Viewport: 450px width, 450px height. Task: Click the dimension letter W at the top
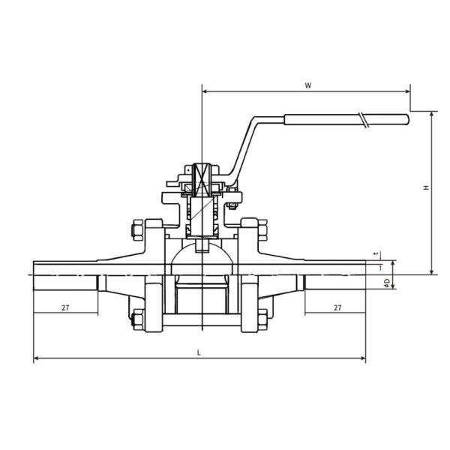click(307, 85)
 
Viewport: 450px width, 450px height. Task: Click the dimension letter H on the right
click(425, 188)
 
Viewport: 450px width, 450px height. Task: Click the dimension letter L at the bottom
click(198, 351)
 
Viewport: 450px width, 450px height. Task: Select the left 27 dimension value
click(65, 307)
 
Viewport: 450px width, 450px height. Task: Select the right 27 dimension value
click(337, 307)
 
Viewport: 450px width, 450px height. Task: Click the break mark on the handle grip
click(364, 119)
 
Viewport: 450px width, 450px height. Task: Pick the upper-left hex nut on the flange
click(137, 228)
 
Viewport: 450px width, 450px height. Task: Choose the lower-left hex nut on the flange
click(137, 319)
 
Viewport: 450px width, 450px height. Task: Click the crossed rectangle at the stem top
click(202, 181)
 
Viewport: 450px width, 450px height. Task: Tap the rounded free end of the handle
click(406, 118)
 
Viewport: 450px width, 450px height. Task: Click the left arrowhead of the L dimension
click(36, 358)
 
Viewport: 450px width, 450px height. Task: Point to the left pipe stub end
click(35, 274)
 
